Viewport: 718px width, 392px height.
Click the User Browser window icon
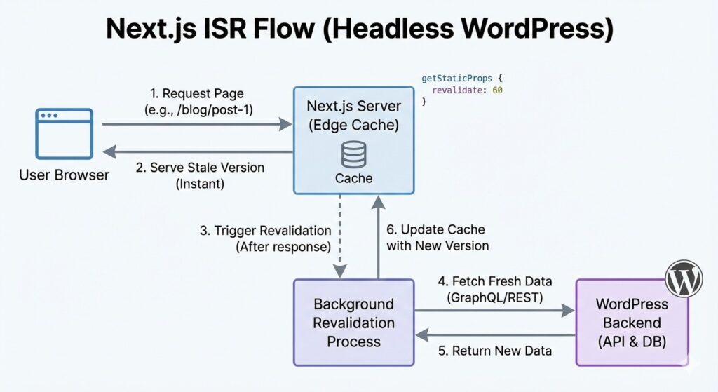[x=65, y=133]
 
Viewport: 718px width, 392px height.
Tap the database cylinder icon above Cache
[x=353, y=154]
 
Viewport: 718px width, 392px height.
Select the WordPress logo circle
[x=683, y=279]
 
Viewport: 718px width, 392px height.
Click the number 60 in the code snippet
[x=497, y=90]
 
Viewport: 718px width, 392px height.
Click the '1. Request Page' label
[x=197, y=94]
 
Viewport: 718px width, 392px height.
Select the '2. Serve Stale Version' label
[x=200, y=168]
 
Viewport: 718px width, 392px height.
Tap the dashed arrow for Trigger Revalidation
[x=339, y=236]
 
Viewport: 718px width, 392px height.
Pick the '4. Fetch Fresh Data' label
[x=495, y=281]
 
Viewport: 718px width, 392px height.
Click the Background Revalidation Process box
[x=353, y=323]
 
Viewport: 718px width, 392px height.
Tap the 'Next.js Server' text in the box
[x=353, y=107]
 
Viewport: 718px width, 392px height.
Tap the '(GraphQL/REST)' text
[x=495, y=297]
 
